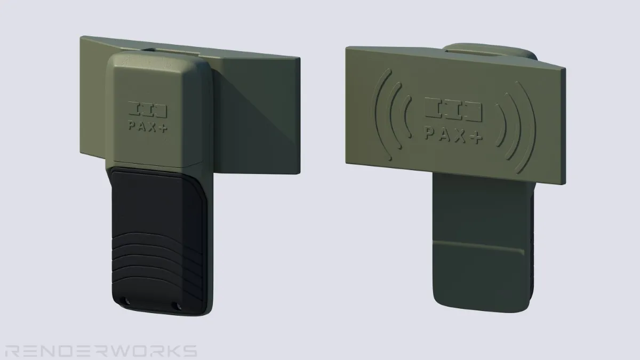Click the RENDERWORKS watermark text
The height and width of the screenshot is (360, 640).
[101, 350]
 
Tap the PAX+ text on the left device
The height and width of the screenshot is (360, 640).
[148, 127]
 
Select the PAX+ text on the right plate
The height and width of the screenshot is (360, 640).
[454, 135]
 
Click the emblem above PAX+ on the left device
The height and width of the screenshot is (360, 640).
[147, 109]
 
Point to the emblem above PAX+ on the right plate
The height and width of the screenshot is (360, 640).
[453, 109]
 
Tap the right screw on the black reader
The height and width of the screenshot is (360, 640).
[179, 307]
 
